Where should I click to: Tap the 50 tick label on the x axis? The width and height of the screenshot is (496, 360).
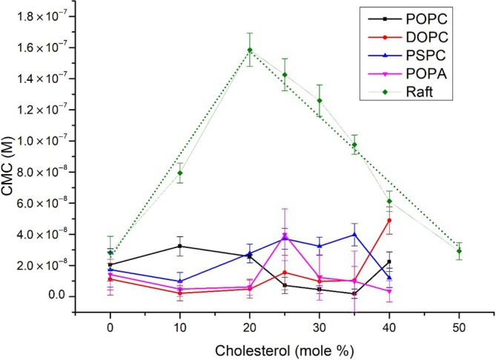click(x=460, y=325)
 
